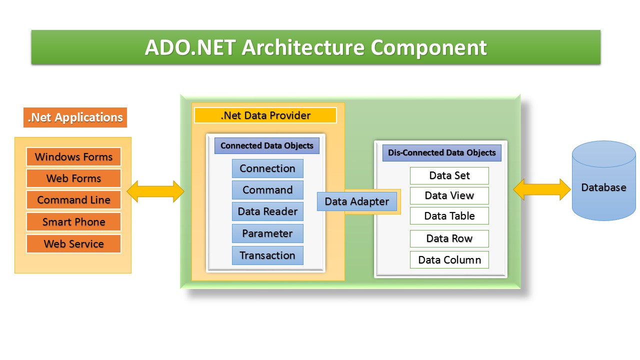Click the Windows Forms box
coord(73,157)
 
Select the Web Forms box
coord(73,178)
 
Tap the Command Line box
coord(73,200)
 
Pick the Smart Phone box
coord(73,222)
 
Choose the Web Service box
coord(73,244)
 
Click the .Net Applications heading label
coord(75,117)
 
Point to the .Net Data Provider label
coord(265,115)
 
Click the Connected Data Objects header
coord(266,146)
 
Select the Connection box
coord(267,168)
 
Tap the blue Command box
coord(267,190)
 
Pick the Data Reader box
coord(267,211)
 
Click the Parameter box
coord(267,233)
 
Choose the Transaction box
coord(267,255)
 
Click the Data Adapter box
coord(356,201)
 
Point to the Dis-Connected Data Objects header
coord(442,153)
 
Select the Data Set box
coord(449,175)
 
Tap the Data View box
coord(449,195)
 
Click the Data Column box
coord(449,260)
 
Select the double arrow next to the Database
coord(542,190)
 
